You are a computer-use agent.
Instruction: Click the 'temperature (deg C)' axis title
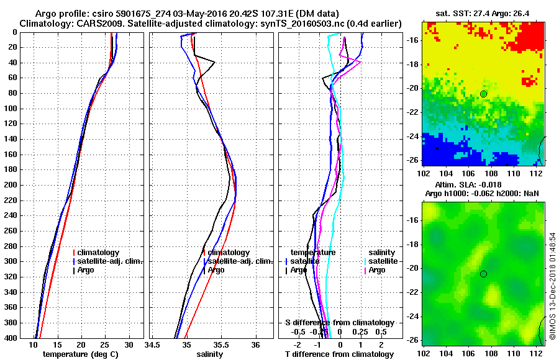(81, 354)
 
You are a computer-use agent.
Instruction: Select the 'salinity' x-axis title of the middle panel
(210, 354)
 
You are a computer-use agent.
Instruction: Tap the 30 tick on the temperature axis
(129, 344)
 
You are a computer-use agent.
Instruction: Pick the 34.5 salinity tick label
(153, 344)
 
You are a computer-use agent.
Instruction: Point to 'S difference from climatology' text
(340, 323)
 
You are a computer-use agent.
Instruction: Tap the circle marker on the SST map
(484, 94)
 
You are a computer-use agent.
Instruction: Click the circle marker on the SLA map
(484, 274)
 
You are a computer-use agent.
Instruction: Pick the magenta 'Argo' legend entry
(377, 270)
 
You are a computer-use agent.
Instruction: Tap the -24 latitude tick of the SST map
(412, 135)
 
